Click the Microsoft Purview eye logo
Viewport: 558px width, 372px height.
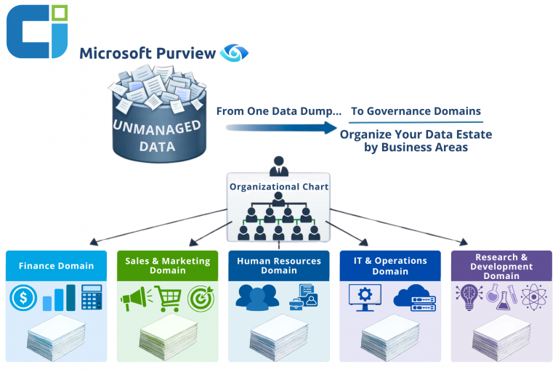(x=234, y=52)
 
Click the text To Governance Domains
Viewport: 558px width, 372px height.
(x=416, y=111)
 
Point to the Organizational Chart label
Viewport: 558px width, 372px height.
(x=279, y=187)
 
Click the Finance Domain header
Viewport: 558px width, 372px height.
(x=57, y=265)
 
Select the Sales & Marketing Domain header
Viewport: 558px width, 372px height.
(x=168, y=265)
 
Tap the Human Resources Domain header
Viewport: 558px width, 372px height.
(x=279, y=265)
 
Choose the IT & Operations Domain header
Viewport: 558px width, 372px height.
(x=390, y=265)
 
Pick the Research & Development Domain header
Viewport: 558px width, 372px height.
(x=501, y=266)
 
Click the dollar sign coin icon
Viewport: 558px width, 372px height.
(x=23, y=298)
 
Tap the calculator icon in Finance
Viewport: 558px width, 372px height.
(x=92, y=297)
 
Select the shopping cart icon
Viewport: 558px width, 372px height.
(x=168, y=297)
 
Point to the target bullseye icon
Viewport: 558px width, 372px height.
(x=201, y=298)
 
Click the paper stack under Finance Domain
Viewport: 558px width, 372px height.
(x=57, y=338)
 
